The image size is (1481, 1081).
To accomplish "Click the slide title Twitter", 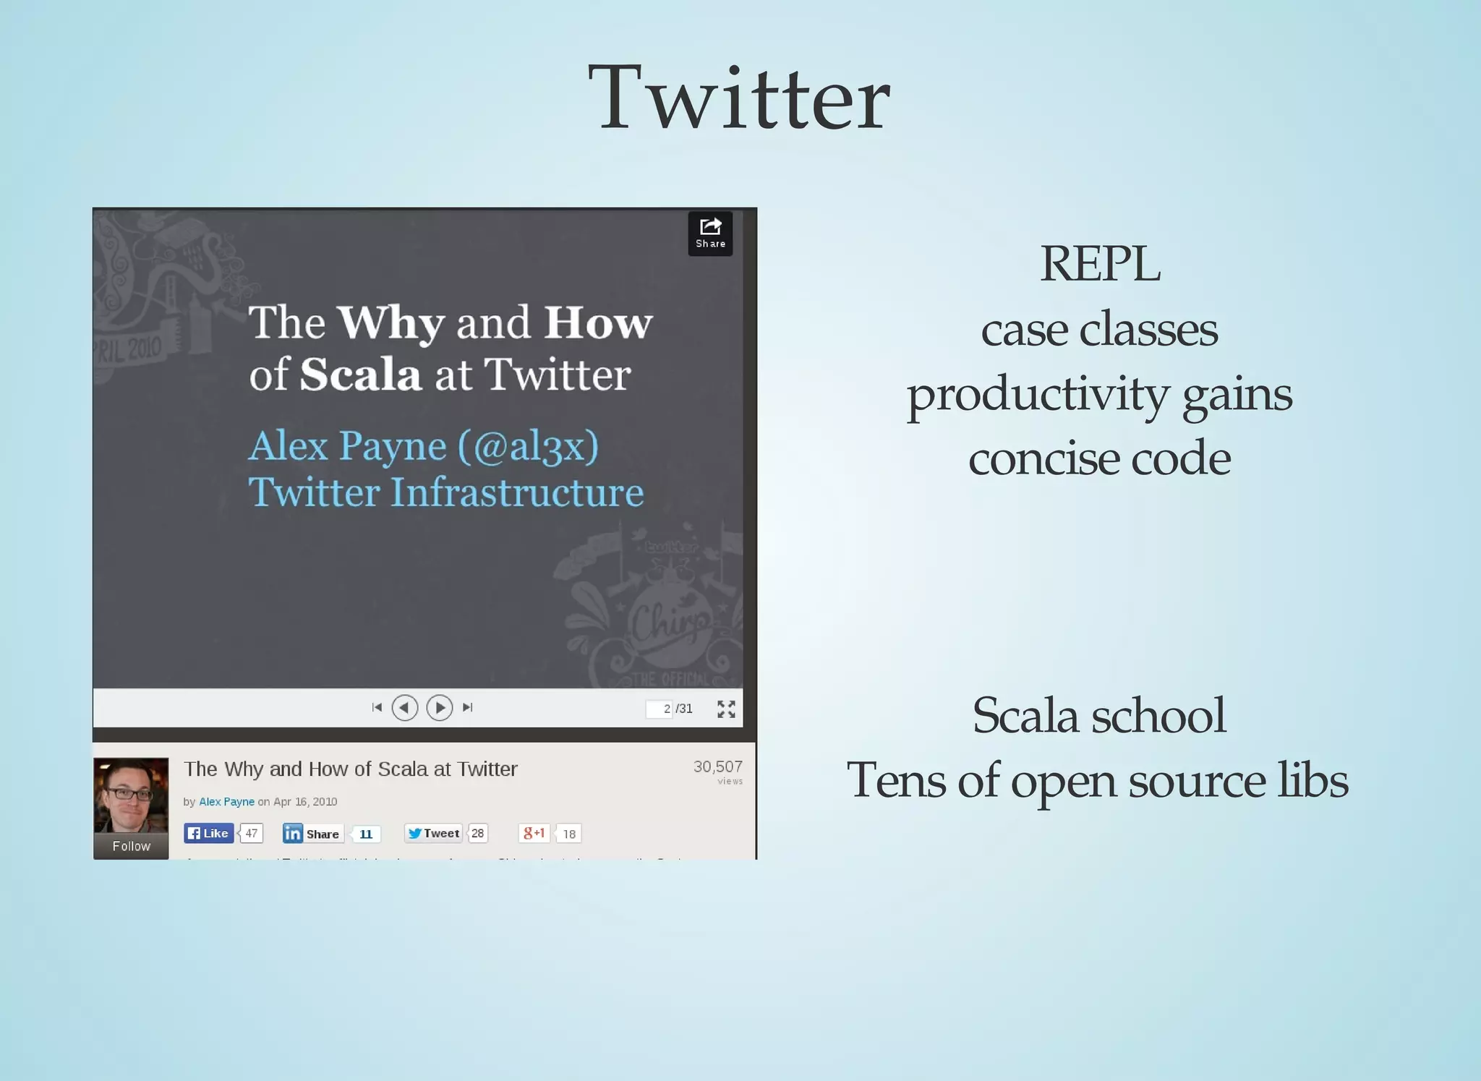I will [739, 98].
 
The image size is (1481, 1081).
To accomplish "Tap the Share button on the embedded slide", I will [710, 233].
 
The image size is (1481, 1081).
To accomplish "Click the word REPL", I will [1099, 264].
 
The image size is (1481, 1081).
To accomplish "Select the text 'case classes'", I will [1099, 330].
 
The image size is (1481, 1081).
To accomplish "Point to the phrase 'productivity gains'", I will [1099, 395].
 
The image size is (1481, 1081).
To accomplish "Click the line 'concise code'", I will [1099, 458].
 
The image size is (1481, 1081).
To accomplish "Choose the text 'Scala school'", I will [1099, 715].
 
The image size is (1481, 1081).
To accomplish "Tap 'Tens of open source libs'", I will [1097, 781].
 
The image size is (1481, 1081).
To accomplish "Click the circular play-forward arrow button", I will [440, 707].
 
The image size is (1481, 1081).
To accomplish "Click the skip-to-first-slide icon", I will [377, 707].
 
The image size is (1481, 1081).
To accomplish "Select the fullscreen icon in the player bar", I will [726, 709].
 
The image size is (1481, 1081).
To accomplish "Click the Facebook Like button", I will [208, 833].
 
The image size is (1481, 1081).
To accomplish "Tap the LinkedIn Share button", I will [312, 834].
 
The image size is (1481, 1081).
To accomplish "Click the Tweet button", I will [433, 833].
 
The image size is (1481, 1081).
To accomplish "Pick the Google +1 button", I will [534, 833].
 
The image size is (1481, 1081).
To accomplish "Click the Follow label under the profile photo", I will [131, 846].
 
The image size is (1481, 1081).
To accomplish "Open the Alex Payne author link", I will [226, 801].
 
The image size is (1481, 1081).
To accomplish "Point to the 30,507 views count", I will [717, 767].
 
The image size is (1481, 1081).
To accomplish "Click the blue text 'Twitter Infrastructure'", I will [445, 492].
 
